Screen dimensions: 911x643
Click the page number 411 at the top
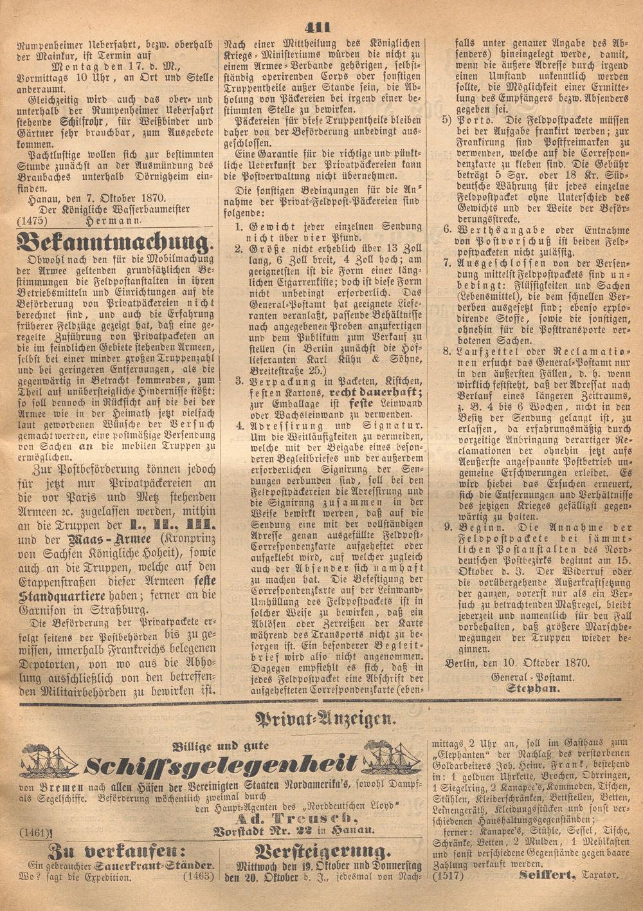tap(318, 26)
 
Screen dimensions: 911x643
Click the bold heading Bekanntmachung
tap(113, 244)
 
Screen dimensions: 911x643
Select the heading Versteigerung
tap(322, 852)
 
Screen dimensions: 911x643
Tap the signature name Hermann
tap(113, 220)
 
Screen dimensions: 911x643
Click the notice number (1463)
tap(198, 876)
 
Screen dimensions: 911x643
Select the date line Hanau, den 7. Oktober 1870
tap(97, 198)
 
